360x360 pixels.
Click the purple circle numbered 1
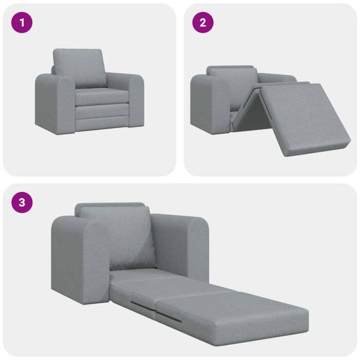pos(22,23)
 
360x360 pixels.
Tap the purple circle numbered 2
pos(203,23)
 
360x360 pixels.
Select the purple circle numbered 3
pos(22,202)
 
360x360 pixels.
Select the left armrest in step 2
pos(208,103)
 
